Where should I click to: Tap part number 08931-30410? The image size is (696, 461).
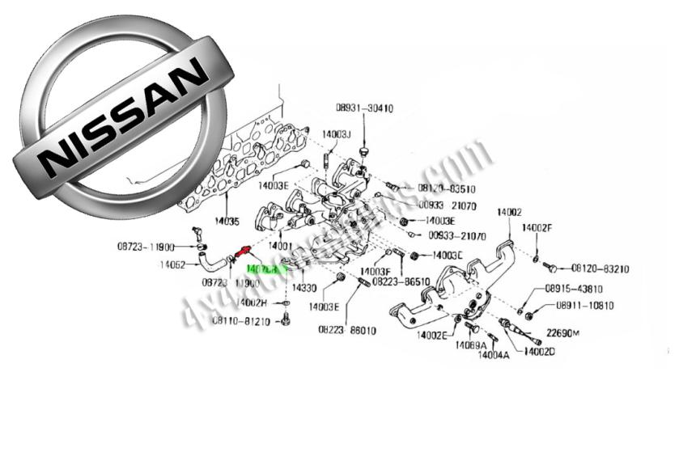click(365, 108)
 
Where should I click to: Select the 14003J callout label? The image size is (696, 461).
click(335, 134)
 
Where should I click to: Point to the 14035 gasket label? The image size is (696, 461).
click(227, 220)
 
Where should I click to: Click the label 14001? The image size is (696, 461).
click(280, 244)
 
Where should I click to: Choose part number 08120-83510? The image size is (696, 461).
click(447, 188)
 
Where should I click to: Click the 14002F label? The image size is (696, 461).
click(537, 228)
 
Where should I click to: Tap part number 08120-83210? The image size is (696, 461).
click(601, 268)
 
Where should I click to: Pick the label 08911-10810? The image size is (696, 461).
click(585, 306)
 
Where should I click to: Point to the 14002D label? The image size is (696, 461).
click(538, 351)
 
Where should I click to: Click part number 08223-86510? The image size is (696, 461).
click(402, 282)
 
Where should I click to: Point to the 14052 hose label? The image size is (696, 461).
click(173, 264)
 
